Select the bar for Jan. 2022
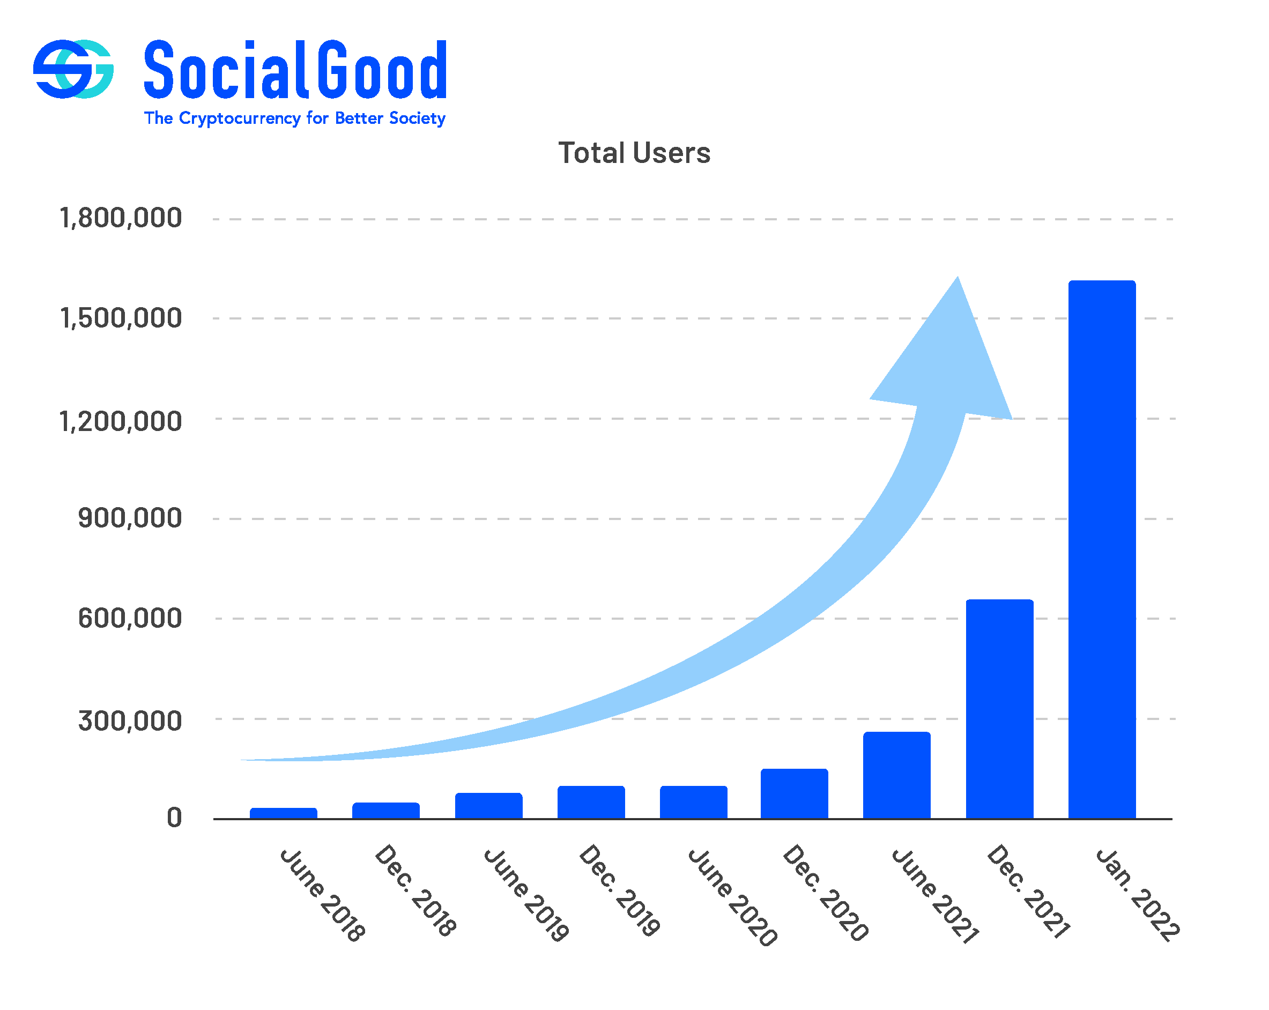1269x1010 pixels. coord(1101,551)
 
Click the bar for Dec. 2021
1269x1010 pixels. coord(999,709)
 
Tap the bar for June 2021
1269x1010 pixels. coord(896,775)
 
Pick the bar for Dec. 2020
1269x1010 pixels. coord(794,794)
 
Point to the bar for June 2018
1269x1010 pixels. coord(283,813)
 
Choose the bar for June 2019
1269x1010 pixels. coord(488,806)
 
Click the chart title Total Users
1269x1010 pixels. coord(634,153)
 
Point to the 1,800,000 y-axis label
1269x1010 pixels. coord(121,218)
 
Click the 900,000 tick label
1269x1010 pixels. coord(130,518)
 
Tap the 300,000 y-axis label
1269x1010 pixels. coord(130,721)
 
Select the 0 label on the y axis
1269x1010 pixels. coord(174,818)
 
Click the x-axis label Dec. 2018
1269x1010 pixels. coord(415,890)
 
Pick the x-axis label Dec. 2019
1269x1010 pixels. coord(619,890)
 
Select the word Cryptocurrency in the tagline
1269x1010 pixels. coord(240,118)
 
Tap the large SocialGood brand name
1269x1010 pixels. coord(295,70)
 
